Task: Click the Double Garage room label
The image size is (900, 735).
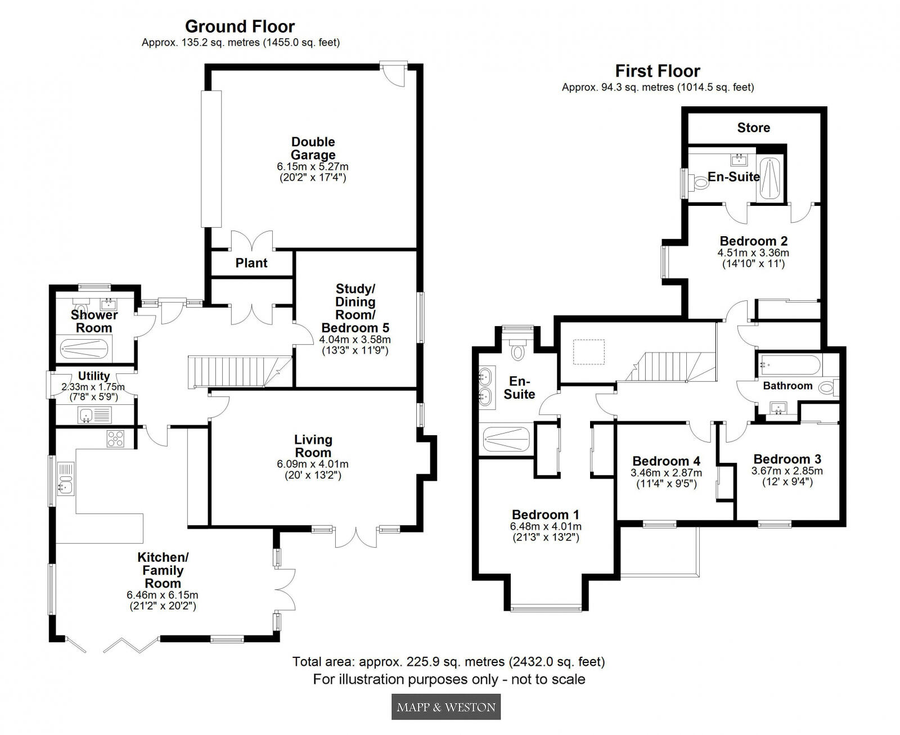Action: [x=313, y=148]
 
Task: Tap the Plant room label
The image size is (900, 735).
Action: [x=251, y=263]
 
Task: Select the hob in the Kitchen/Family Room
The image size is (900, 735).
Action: [x=115, y=439]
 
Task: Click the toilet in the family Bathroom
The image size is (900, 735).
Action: [x=827, y=387]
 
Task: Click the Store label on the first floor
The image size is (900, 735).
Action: [x=753, y=128]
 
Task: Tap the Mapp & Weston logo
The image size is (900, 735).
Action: [x=445, y=707]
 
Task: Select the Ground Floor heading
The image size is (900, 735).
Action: [x=240, y=26]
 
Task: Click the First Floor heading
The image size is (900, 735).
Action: [x=658, y=71]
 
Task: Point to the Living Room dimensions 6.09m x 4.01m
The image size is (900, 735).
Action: [x=313, y=465]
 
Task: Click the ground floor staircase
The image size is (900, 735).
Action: [x=239, y=372]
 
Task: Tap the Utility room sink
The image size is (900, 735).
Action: [x=87, y=416]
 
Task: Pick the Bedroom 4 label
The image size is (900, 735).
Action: [x=666, y=461]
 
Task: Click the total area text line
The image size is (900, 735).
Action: [x=448, y=661]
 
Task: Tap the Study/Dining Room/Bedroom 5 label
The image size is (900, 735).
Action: [x=355, y=308]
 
